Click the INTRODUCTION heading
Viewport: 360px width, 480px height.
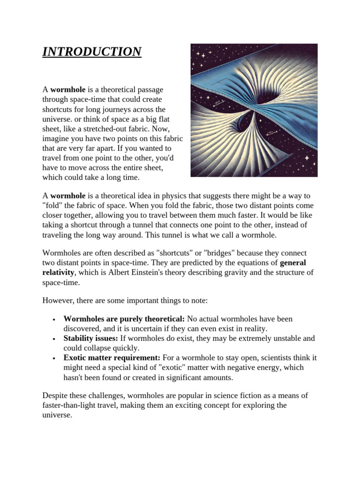coord(92,52)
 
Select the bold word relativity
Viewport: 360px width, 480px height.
coord(59,273)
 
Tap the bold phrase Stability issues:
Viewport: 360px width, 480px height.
coord(91,338)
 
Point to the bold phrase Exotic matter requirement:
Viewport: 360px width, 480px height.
coord(112,358)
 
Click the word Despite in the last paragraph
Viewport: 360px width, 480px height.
coord(56,396)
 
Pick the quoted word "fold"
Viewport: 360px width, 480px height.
coord(53,206)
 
